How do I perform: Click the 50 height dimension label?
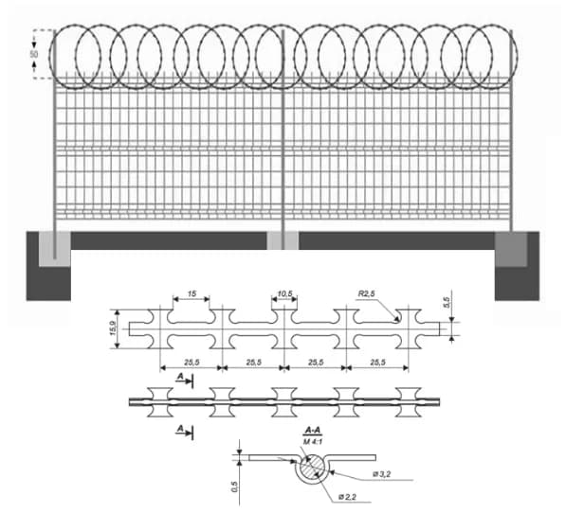point(33,55)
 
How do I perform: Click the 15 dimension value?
point(192,293)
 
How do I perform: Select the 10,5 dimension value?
point(284,293)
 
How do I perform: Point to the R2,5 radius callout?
point(366,293)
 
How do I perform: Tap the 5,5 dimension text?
point(447,302)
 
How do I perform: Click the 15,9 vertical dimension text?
point(114,328)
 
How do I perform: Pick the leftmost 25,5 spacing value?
point(192,362)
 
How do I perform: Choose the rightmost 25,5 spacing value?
point(377,362)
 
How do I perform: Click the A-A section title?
point(313,430)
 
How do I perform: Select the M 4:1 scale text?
point(313,442)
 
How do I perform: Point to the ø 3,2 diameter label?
point(381,474)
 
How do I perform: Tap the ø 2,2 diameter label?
point(347,497)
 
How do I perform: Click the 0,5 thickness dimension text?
point(235,487)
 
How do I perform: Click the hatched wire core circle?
point(312,468)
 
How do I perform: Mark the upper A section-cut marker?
point(184,380)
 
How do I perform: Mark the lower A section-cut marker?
point(184,431)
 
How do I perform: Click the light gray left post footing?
point(54,249)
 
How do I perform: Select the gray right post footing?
point(511,249)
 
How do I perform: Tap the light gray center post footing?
point(283,240)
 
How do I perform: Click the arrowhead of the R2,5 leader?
point(396,318)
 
